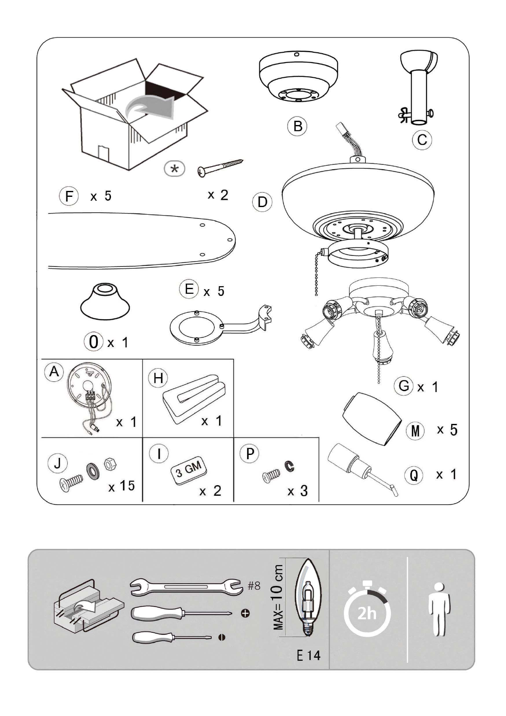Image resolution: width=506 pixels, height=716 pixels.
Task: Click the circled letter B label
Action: [297, 126]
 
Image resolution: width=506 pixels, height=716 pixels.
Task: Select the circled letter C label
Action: [422, 140]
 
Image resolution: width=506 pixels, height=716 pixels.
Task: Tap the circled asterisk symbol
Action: [174, 168]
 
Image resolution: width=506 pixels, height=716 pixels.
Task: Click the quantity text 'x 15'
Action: [122, 486]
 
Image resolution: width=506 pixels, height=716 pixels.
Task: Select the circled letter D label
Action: [262, 202]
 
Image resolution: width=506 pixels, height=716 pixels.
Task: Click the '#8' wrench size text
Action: [254, 586]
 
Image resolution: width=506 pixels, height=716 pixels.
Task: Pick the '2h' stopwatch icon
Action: [367, 611]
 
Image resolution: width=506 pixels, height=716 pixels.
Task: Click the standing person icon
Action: [440, 609]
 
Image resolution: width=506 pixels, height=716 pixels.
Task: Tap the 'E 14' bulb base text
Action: [308, 656]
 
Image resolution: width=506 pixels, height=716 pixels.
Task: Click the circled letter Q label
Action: [414, 475]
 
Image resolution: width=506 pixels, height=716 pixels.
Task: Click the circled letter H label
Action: [158, 378]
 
